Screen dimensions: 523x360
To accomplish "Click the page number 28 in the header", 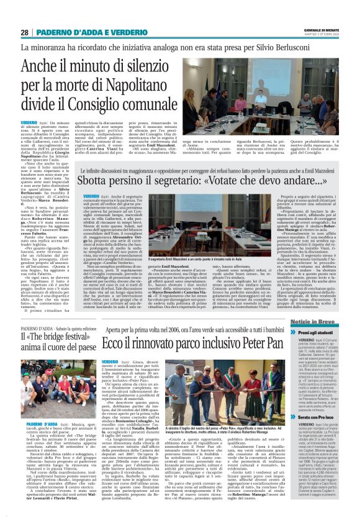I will tap(25, 32).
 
